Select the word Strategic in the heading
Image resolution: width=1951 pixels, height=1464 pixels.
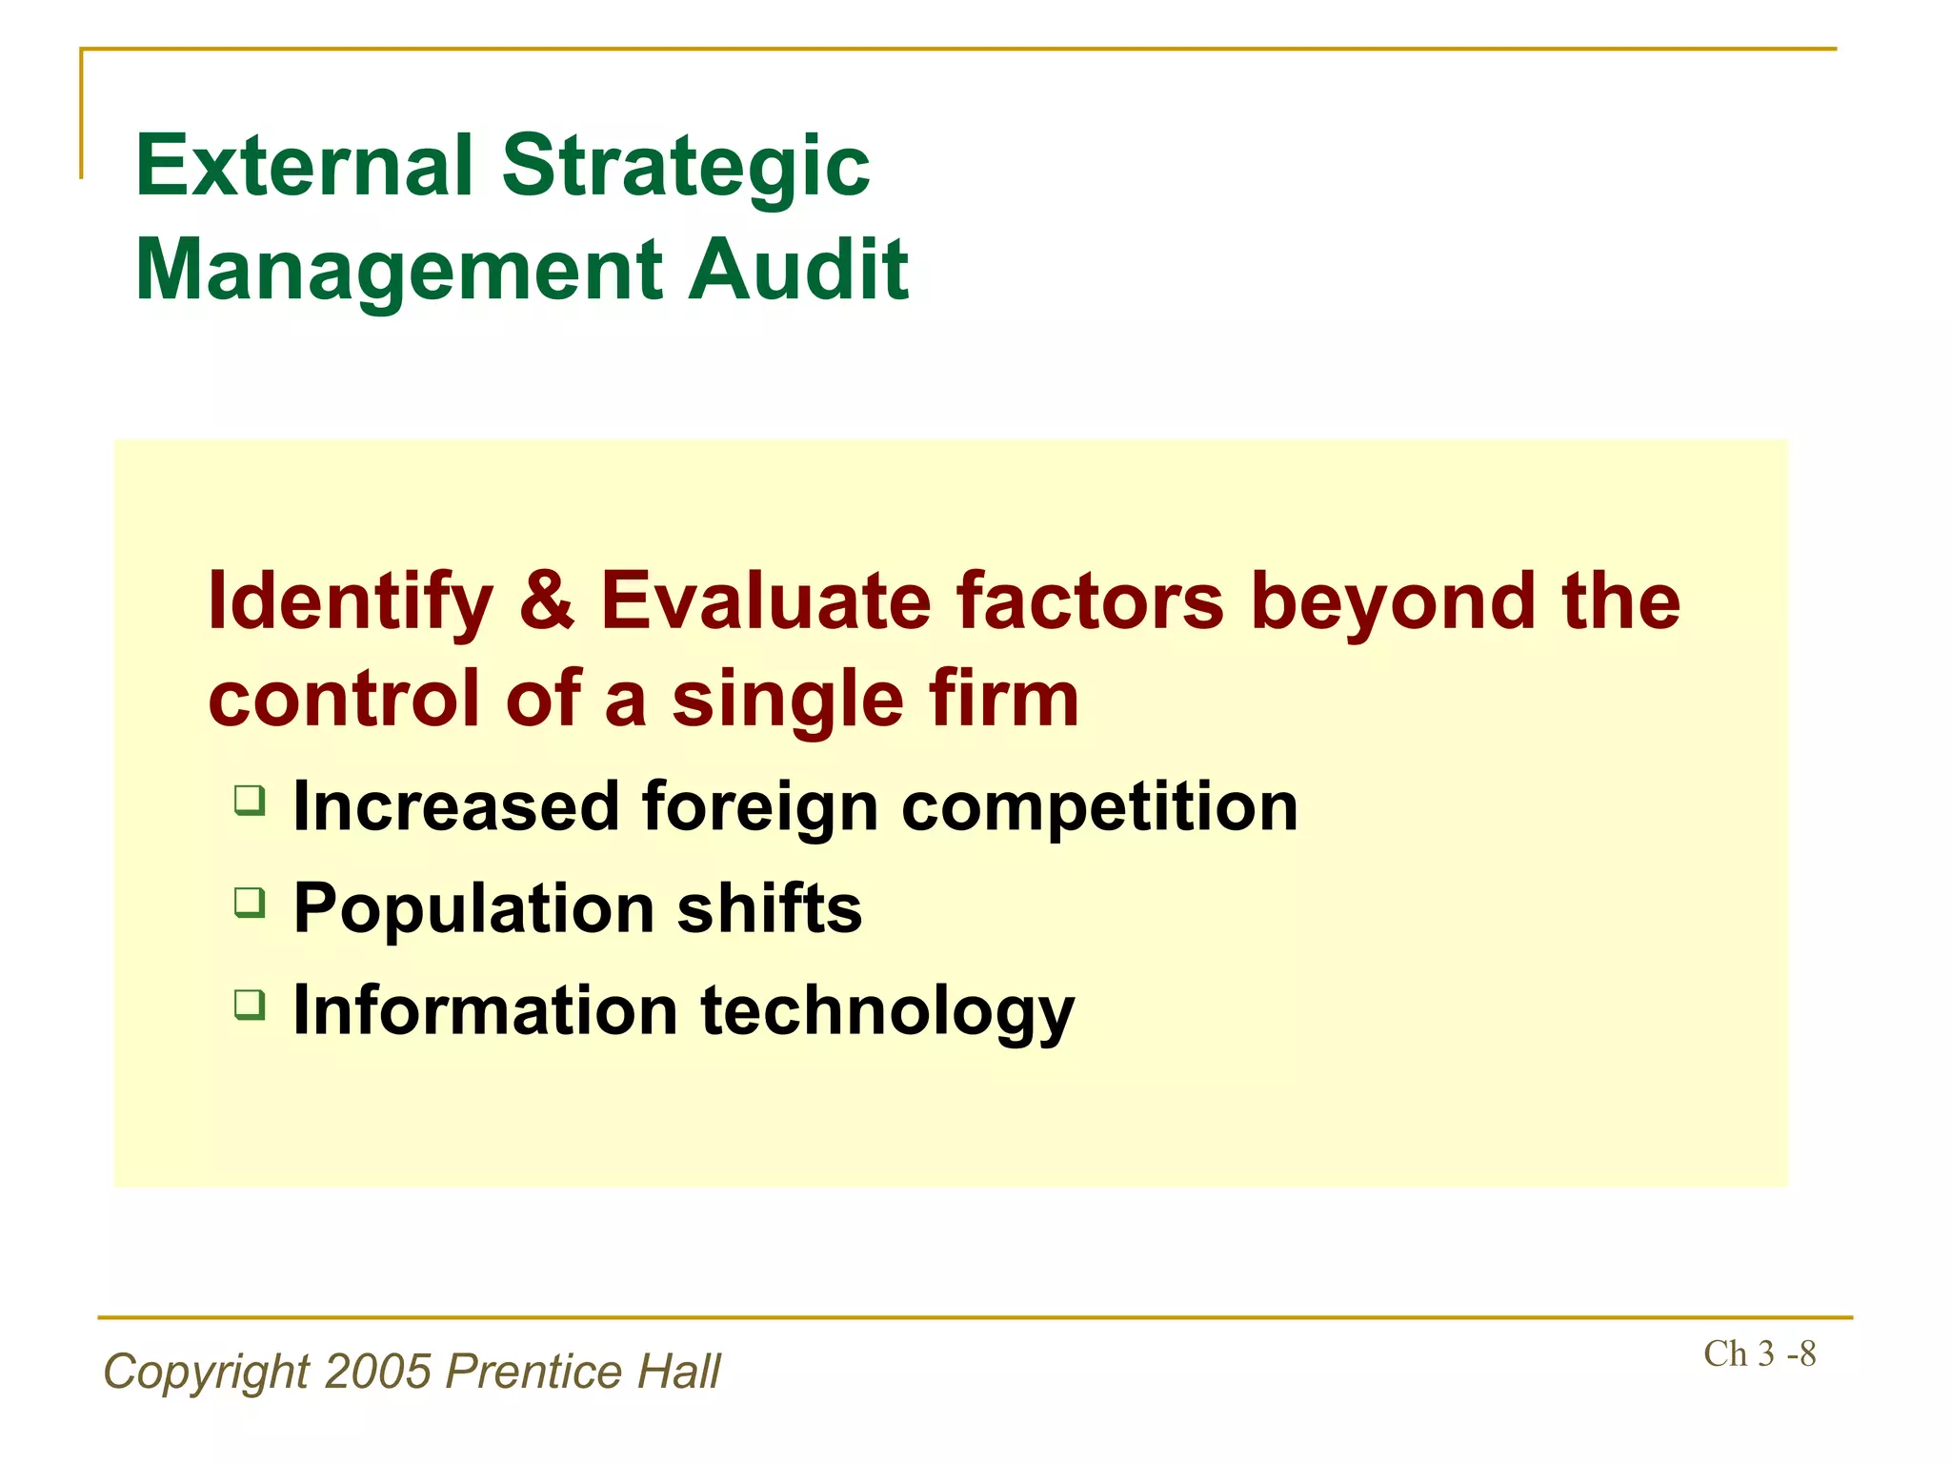(685, 167)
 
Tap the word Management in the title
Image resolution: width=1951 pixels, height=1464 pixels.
(398, 271)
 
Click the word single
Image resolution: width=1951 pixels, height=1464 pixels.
(787, 700)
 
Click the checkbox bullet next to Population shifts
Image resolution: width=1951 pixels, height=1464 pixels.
(250, 901)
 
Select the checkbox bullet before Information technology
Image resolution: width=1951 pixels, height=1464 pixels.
(250, 1003)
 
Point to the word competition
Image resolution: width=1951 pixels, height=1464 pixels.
(1099, 808)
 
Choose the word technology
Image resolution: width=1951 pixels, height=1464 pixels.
(887, 1011)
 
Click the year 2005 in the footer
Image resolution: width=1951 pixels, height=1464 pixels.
(378, 1372)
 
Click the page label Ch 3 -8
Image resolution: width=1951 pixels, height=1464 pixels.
(1759, 1353)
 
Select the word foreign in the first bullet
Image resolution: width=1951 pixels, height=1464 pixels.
(759, 808)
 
